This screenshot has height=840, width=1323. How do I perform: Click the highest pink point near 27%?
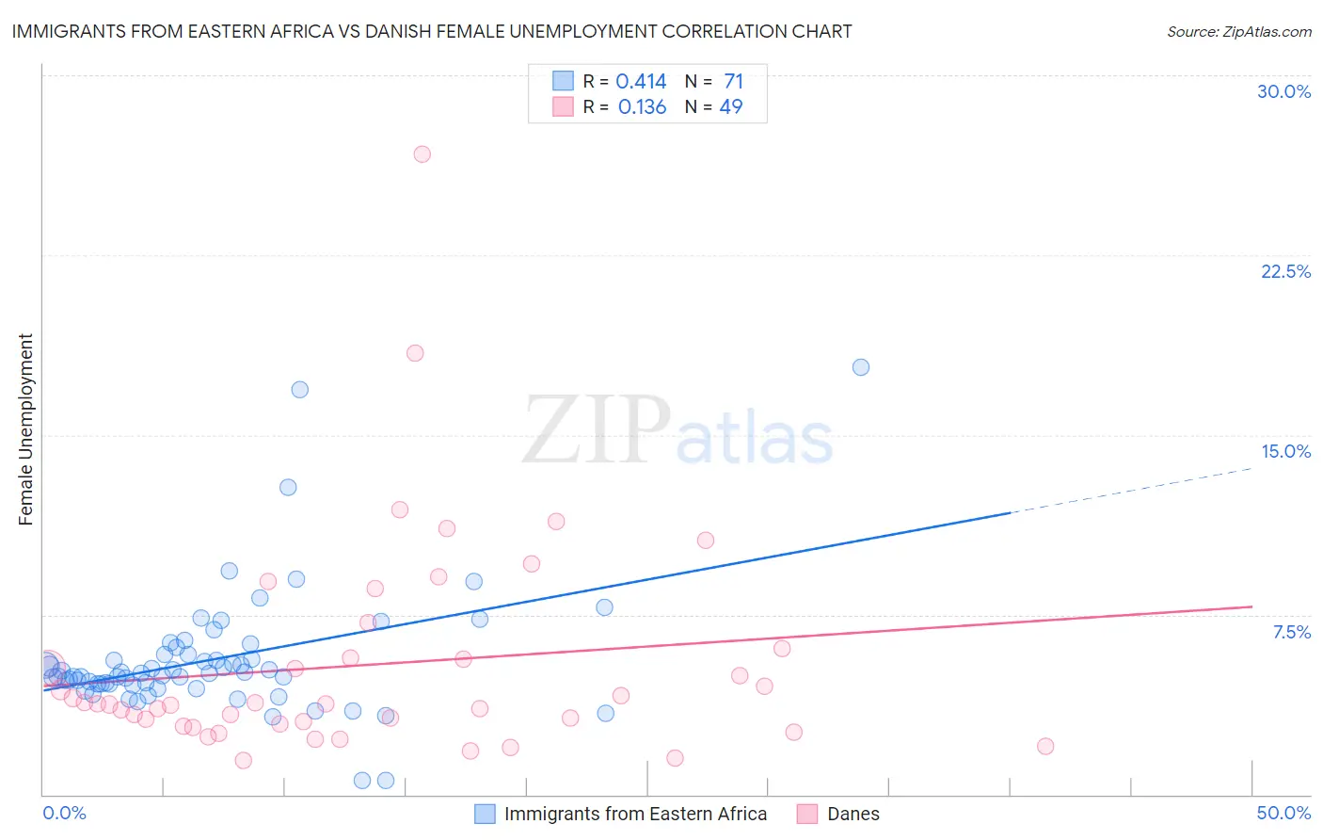pyautogui.click(x=422, y=154)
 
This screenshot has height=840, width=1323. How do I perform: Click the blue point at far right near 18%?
pyautogui.click(x=860, y=367)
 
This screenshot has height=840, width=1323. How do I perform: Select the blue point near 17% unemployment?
pyautogui.click(x=299, y=390)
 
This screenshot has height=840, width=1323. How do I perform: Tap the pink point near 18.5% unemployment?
pyautogui.click(x=415, y=353)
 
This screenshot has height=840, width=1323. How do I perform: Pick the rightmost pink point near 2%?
pyautogui.click(x=1044, y=747)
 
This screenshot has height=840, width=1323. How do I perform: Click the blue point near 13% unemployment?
pyautogui.click(x=288, y=488)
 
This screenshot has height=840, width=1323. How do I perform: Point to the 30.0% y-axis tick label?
pyautogui.click(x=1283, y=91)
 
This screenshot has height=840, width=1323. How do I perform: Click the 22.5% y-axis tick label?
pyautogui.click(x=1285, y=271)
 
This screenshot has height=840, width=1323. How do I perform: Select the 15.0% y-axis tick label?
pyautogui.click(x=1285, y=451)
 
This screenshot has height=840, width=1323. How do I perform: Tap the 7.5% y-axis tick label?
pyautogui.click(x=1291, y=632)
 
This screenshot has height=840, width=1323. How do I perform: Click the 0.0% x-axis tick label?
pyautogui.click(x=64, y=813)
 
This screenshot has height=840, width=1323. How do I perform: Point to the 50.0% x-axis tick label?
pyautogui.click(x=1283, y=813)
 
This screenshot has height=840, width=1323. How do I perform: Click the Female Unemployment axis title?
pyautogui.click(x=25, y=429)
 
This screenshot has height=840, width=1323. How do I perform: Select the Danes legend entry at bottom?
pyautogui.click(x=853, y=814)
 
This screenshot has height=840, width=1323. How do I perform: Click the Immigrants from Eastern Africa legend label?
pyautogui.click(x=635, y=814)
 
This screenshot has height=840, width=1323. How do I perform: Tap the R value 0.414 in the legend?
pyautogui.click(x=641, y=82)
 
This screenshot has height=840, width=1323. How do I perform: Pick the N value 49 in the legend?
pyautogui.click(x=731, y=107)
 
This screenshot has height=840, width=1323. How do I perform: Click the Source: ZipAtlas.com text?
pyautogui.click(x=1238, y=32)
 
